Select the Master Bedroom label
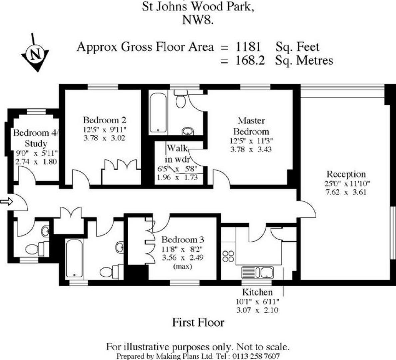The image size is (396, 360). pos(251,126)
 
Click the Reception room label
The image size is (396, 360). pos(346,174)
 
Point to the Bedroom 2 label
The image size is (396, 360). pos(105,120)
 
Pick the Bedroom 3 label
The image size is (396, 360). pos(183,240)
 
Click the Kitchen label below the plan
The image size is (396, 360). pos(257,292)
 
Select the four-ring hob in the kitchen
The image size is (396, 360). pos(228,256)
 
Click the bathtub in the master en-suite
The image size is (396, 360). pos(158,113)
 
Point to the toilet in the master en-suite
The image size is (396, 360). pos(181,99)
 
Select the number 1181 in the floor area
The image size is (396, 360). pos(248,47)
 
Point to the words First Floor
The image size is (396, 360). pos(198,322)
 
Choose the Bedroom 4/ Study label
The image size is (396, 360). pos(36,138)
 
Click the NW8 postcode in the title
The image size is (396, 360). pos(198,20)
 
